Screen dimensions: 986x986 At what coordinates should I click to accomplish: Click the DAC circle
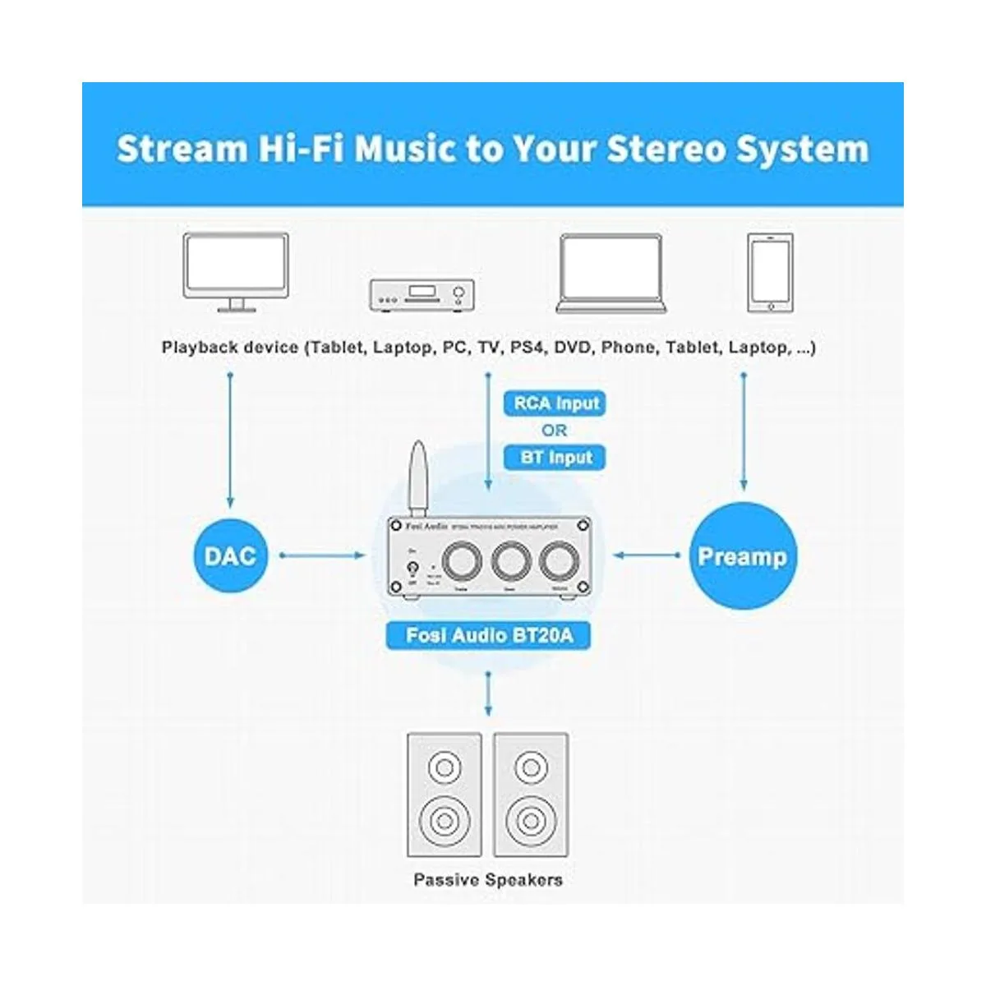[x=230, y=556]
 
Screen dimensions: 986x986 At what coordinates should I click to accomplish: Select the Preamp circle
[x=742, y=556]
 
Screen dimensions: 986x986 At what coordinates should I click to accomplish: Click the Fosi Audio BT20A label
[x=489, y=635]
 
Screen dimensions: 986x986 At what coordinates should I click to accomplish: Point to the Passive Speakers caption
[x=488, y=880]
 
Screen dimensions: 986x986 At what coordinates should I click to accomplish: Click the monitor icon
[x=237, y=271]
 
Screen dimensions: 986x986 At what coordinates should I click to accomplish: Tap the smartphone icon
[x=770, y=272]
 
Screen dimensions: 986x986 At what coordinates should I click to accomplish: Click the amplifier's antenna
[x=418, y=477]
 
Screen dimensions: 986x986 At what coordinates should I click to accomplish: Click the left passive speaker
[x=445, y=795]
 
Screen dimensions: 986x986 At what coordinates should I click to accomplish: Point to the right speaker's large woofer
[x=531, y=818]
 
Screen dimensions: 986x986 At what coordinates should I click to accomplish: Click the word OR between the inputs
[x=555, y=431]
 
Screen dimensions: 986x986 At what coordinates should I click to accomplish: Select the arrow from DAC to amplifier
[x=322, y=556]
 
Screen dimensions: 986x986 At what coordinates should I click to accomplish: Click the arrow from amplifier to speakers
[x=489, y=692]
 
